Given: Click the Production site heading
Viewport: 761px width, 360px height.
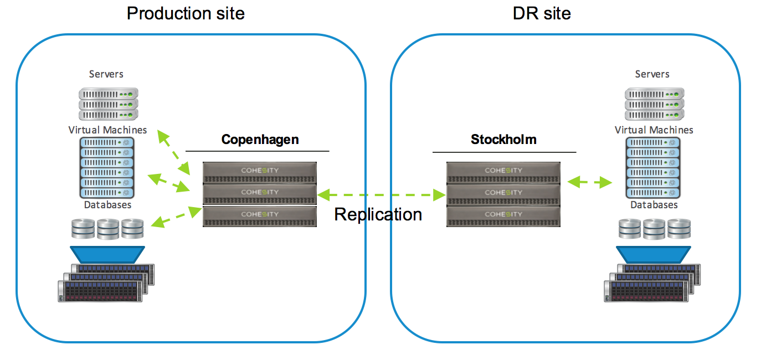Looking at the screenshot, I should coord(186,13).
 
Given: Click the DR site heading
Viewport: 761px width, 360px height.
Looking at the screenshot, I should coord(542,13).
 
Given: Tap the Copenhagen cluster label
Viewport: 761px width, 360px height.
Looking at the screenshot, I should coord(260,139).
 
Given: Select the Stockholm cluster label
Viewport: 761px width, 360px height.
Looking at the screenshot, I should coord(503,139).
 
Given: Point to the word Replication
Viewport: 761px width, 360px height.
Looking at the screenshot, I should coord(378,214).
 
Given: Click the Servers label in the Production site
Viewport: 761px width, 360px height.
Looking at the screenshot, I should coord(106,74).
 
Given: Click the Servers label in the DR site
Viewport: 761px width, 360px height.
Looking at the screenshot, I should coord(652,74).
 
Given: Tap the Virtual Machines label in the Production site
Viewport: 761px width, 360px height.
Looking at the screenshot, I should coord(107,130).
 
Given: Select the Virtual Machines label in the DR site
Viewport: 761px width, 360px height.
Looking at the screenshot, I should coord(654,130).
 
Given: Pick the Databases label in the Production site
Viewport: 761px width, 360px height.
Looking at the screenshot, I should coord(107,204).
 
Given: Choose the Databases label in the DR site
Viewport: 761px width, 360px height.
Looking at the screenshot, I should coord(654,204).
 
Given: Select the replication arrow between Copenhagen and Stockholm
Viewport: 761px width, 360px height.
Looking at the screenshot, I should coord(382,194).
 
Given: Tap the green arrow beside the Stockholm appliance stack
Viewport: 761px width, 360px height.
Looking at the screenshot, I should coord(589,181).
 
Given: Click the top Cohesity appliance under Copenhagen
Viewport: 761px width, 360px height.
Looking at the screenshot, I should coord(260,171).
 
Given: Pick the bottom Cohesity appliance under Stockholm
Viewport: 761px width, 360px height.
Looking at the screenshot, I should coord(503,215).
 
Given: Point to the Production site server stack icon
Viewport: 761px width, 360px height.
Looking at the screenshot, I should coord(107,104).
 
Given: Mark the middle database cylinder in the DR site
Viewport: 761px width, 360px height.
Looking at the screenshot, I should coord(654,228).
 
